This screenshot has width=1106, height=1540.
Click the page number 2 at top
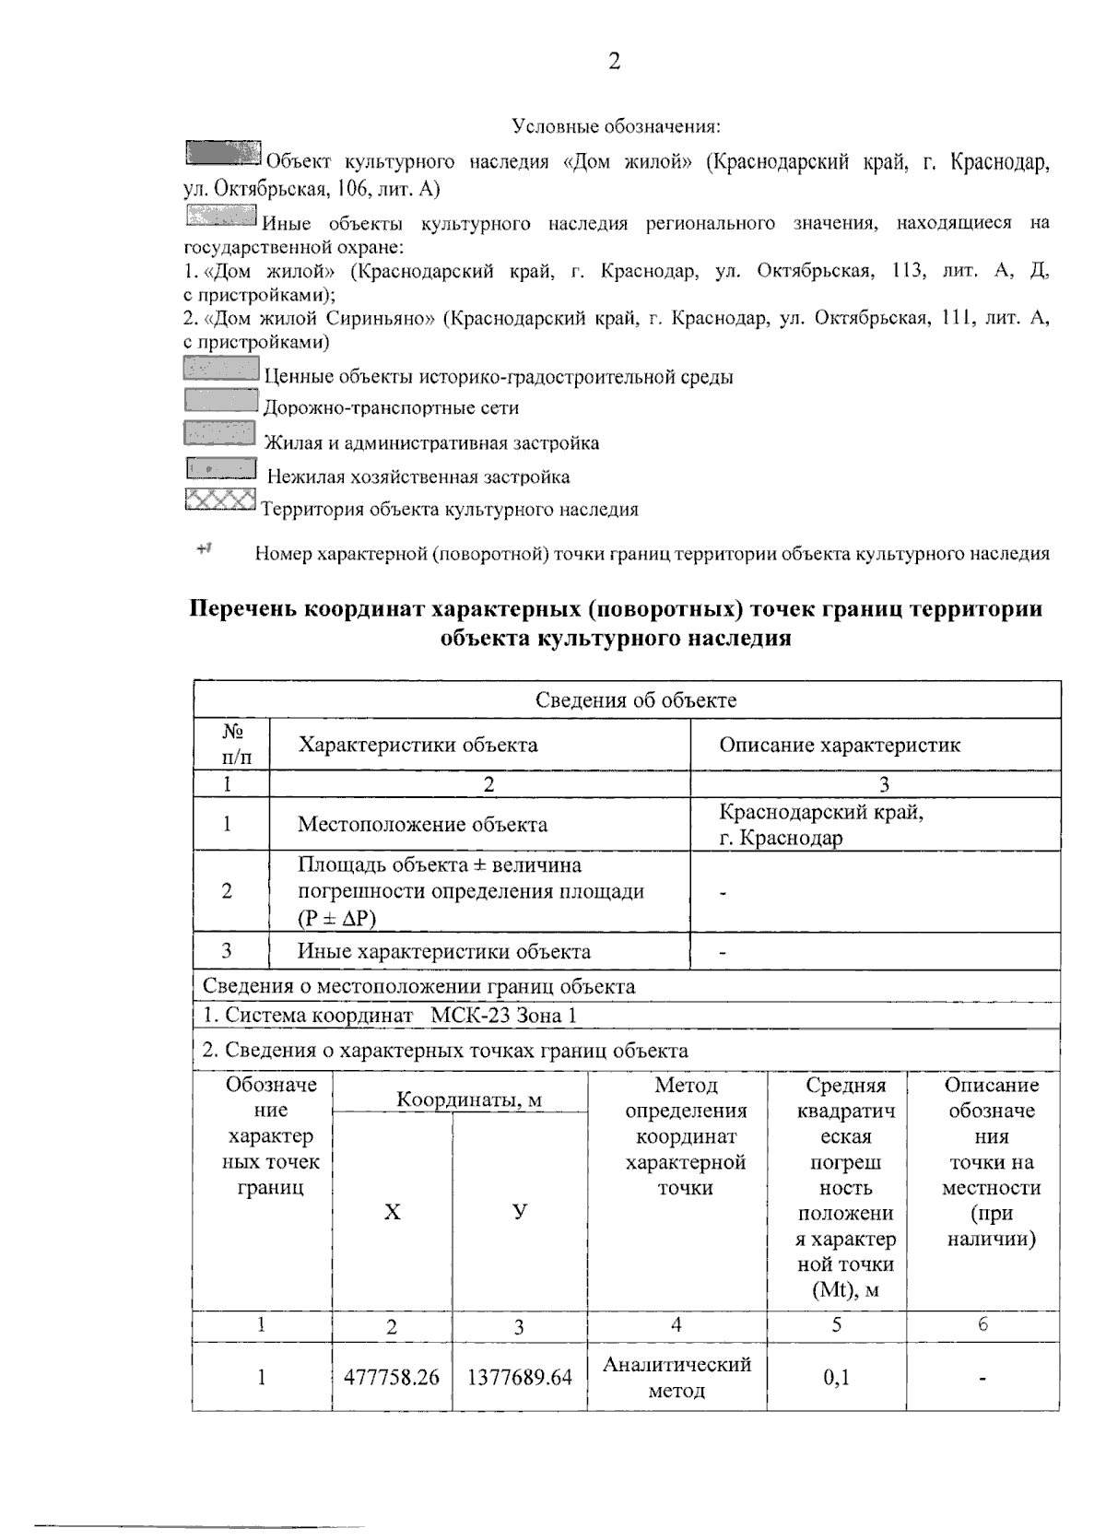pyautogui.click(x=614, y=61)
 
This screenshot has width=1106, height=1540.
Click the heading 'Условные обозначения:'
pyautogui.click(x=616, y=125)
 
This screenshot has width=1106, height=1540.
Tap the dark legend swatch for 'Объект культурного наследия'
pyautogui.click(x=223, y=154)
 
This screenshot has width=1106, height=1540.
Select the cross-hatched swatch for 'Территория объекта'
pyautogui.click(x=220, y=500)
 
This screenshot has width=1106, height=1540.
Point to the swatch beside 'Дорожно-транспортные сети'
pyautogui.click(x=220, y=400)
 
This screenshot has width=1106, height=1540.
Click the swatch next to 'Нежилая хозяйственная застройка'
pyautogui.click(x=220, y=469)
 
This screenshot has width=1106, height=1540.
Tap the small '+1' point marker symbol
pyautogui.click(x=204, y=549)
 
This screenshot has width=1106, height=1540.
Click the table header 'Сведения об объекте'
pyautogui.click(x=636, y=699)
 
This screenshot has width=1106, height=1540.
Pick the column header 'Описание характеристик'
pyautogui.click(x=839, y=745)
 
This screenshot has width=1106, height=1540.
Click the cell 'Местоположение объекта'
pyautogui.click(x=422, y=825)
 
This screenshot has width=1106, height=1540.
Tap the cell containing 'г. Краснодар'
pyautogui.click(x=781, y=838)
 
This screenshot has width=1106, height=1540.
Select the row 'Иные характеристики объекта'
pyautogui.click(x=443, y=951)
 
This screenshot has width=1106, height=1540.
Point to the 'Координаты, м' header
pyautogui.click(x=469, y=1099)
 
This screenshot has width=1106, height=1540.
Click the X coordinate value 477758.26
pyautogui.click(x=392, y=1377)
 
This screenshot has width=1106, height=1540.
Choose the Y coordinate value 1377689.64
pyautogui.click(x=520, y=1377)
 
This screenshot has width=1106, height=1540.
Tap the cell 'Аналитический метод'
pyautogui.click(x=677, y=1377)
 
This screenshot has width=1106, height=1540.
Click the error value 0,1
pyautogui.click(x=836, y=1377)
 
